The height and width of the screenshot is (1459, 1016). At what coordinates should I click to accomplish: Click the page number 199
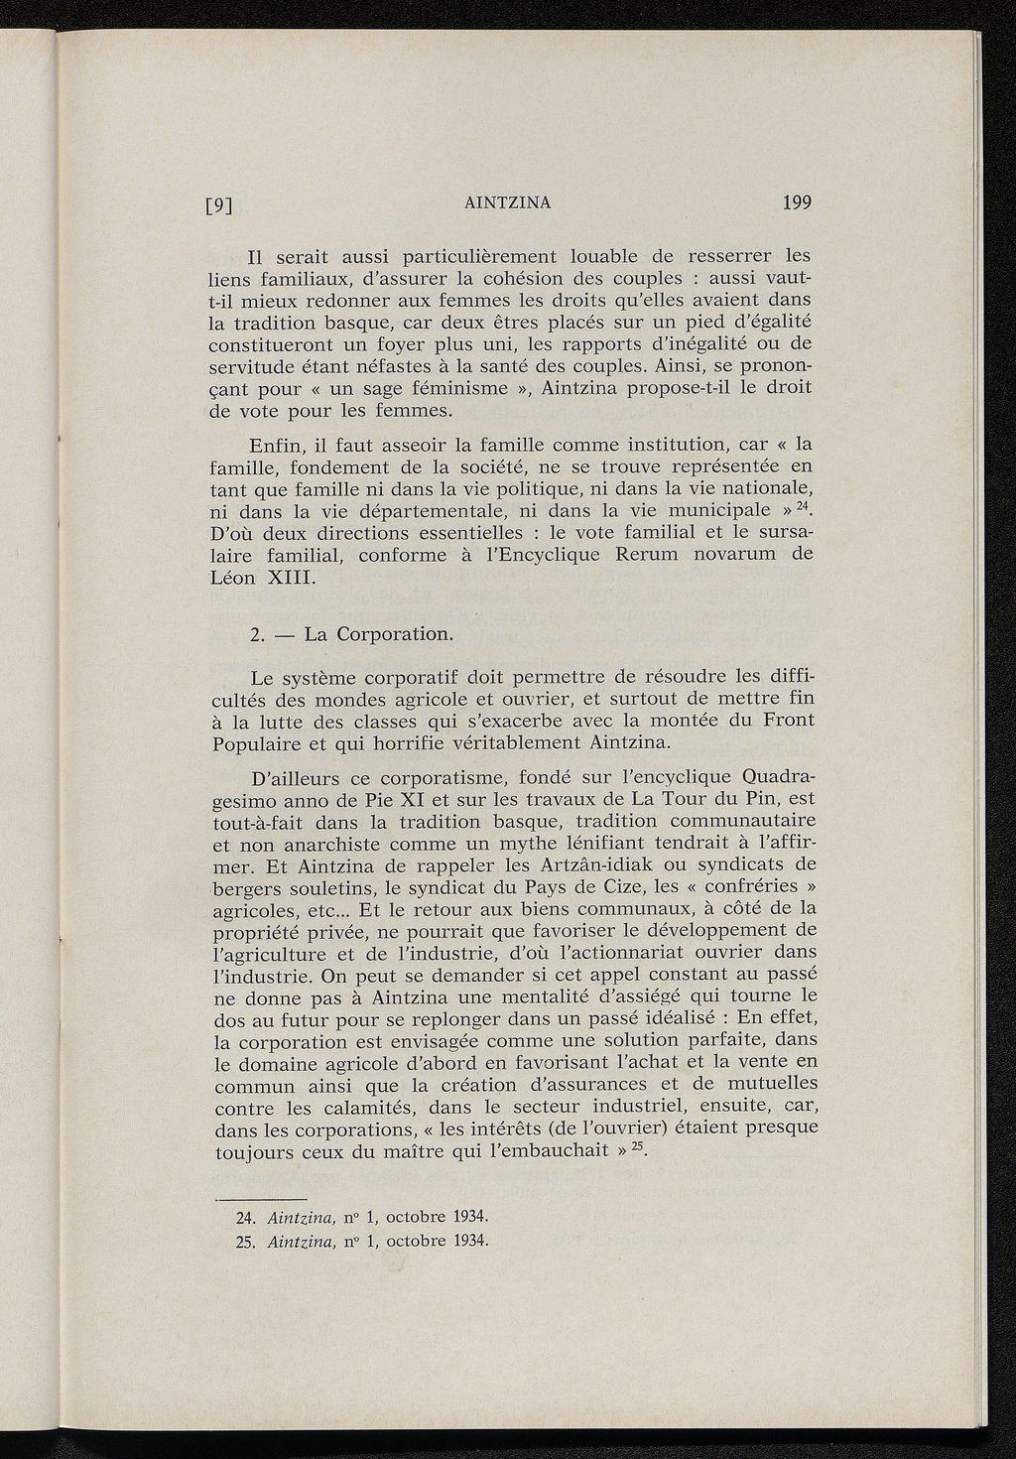click(x=796, y=203)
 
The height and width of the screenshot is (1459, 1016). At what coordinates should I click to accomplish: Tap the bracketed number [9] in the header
click(x=217, y=206)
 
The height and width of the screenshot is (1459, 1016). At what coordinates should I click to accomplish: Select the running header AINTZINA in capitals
click(x=507, y=203)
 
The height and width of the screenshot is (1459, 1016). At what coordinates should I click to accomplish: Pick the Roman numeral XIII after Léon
click(x=290, y=577)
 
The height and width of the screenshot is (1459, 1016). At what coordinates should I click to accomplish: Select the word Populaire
click(x=260, y=742)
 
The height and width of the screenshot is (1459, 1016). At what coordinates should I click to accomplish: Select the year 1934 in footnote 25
click(x=467, y=1241)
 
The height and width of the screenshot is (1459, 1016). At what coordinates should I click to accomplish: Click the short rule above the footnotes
click(x=261, y=1197)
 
